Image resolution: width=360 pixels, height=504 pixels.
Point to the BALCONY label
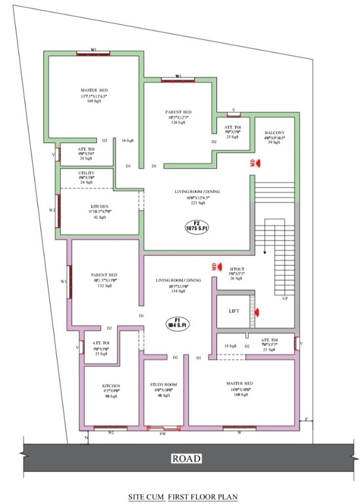(274, 133)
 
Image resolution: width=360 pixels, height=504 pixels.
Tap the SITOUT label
(236, 269)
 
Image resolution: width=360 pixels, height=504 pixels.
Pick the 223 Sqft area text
(195, 203)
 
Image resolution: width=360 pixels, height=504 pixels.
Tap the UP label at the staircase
(283, 299)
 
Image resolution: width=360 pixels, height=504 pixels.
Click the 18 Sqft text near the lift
(230, 345)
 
